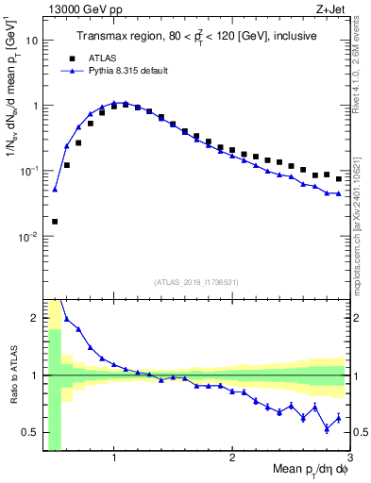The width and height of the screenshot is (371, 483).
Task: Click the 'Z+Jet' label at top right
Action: click(x=332, y=9)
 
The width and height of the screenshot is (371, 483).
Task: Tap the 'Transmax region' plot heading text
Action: click(x=195, y=37)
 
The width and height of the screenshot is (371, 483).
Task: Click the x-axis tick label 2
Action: click(x=232, y=458)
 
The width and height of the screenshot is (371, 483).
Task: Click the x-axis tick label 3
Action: click(x=349, y=458)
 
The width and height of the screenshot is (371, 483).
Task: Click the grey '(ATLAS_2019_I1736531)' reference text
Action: click(x=195, y=282)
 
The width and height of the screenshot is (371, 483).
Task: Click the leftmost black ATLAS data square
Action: click(x=55, y=221)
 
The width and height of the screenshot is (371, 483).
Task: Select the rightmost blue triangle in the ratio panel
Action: click(x=338, y=417)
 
